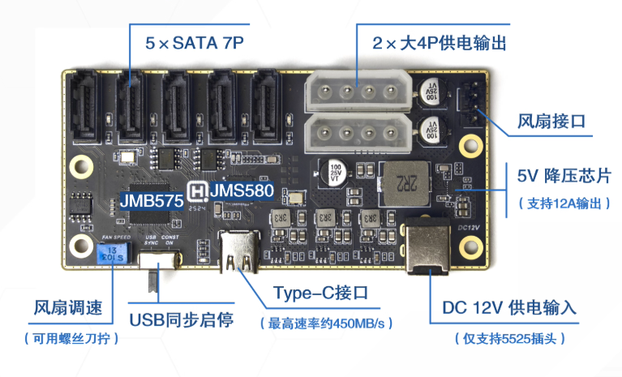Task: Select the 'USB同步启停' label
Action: click(x=182, y=319)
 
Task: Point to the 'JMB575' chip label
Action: click(x=152, y=198)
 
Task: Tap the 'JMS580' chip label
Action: click(x=240, y=191)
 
